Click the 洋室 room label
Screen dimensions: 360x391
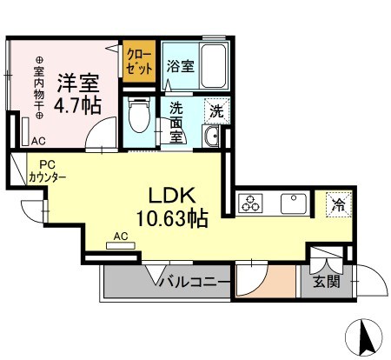coord(78,83)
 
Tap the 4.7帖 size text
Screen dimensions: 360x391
coord(78,106)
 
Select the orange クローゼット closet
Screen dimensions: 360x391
coord(137,61)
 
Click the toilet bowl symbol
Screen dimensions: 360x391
coord(137,113)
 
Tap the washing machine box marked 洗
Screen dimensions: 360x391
coord(215,110)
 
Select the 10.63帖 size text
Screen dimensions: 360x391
coord(170,218)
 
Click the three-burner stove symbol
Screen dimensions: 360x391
coord(252,205)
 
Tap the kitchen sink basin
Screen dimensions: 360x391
coord(295,205)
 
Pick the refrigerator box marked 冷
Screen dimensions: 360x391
coord(336,205)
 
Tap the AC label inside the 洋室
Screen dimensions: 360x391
coord(38,140)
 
